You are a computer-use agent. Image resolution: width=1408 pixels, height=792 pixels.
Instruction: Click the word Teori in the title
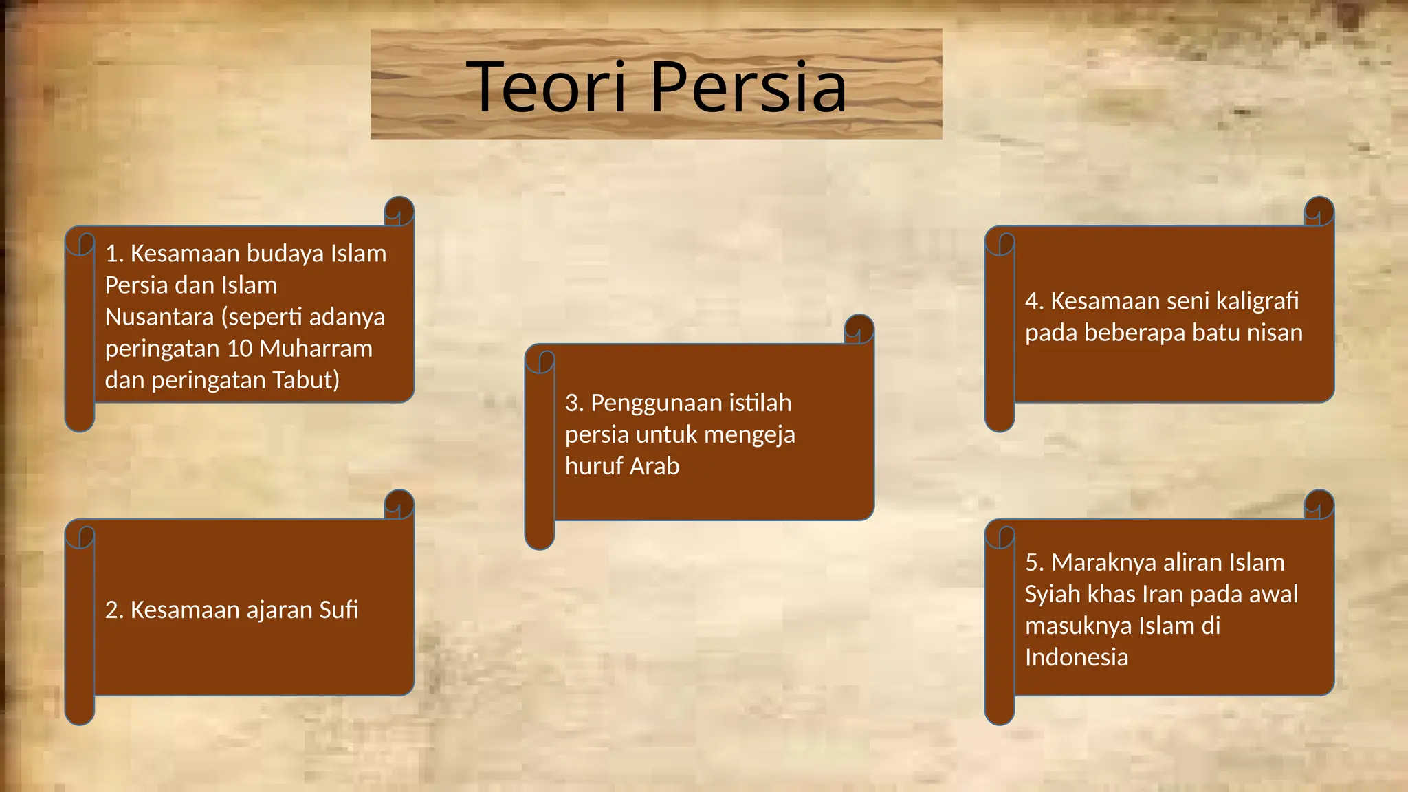point(547,87)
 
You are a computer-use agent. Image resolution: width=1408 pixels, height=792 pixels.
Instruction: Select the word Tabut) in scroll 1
point(306,380)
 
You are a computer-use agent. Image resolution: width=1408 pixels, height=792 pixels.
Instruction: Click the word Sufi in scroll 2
point(339,610)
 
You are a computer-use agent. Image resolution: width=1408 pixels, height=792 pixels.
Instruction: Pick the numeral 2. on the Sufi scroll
point(114,610)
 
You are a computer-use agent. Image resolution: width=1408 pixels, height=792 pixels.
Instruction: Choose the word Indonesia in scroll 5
point(1077,657)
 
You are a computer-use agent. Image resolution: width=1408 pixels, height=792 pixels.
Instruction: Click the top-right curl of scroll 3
point(859,329)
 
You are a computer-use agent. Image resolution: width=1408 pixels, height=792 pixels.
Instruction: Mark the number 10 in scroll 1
point(240,349)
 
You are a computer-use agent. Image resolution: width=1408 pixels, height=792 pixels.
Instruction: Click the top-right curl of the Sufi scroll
point(399,505)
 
